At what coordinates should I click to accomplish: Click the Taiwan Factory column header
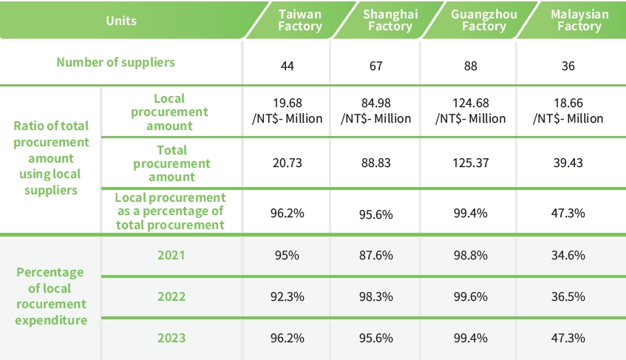point(299,21)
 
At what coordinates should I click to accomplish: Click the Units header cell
point(121,21)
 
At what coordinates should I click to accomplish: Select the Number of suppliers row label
point(116,62)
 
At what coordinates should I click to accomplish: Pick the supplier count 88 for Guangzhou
point(470,66)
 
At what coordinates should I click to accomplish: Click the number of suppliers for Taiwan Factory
point(288,66)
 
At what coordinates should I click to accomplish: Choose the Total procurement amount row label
point(171,163)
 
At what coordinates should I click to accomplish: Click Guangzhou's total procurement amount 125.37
point(470,163)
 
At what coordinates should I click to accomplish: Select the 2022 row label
point(171,296)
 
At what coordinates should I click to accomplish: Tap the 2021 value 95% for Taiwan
point(288,255)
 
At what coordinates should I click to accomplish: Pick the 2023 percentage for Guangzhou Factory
point(470,338)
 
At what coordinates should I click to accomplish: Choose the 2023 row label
point(171,338)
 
